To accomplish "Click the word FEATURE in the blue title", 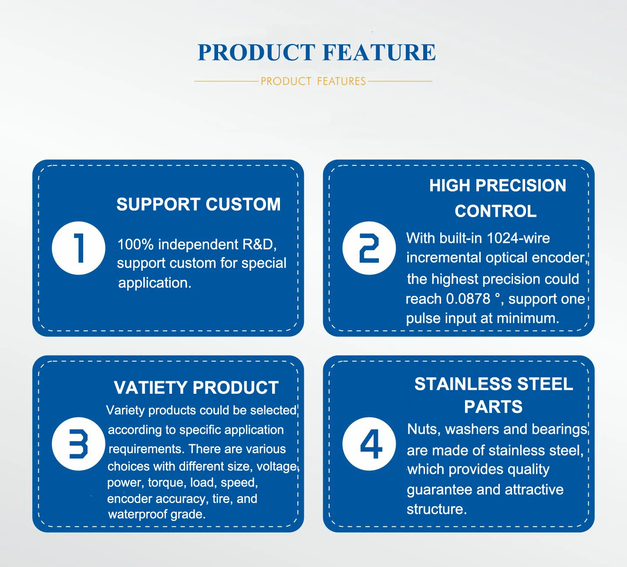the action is (x=379, y=52).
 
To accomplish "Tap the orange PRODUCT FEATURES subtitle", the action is (x=313, y=81).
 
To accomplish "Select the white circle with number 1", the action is (x=78, y=248).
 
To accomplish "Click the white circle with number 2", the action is (x=369, y=248).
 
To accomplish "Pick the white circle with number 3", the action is (x=78, y=443).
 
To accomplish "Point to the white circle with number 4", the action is (x=369, y=443).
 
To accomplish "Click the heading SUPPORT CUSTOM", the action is (x=199, y=205).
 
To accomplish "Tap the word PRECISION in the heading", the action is (x=521, y=185).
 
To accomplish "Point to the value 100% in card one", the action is (x=135, y=244).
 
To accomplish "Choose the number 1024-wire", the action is (x=518, y=238).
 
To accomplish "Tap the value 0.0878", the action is (x=468, y=299).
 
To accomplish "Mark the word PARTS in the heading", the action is (x=493, y=407).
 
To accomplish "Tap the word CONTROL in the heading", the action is (x=496, y=211).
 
